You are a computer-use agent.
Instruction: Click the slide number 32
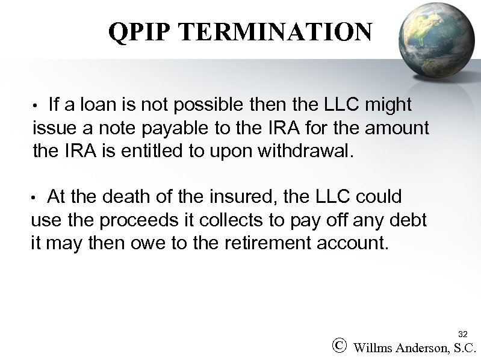(x=462, y=334)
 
